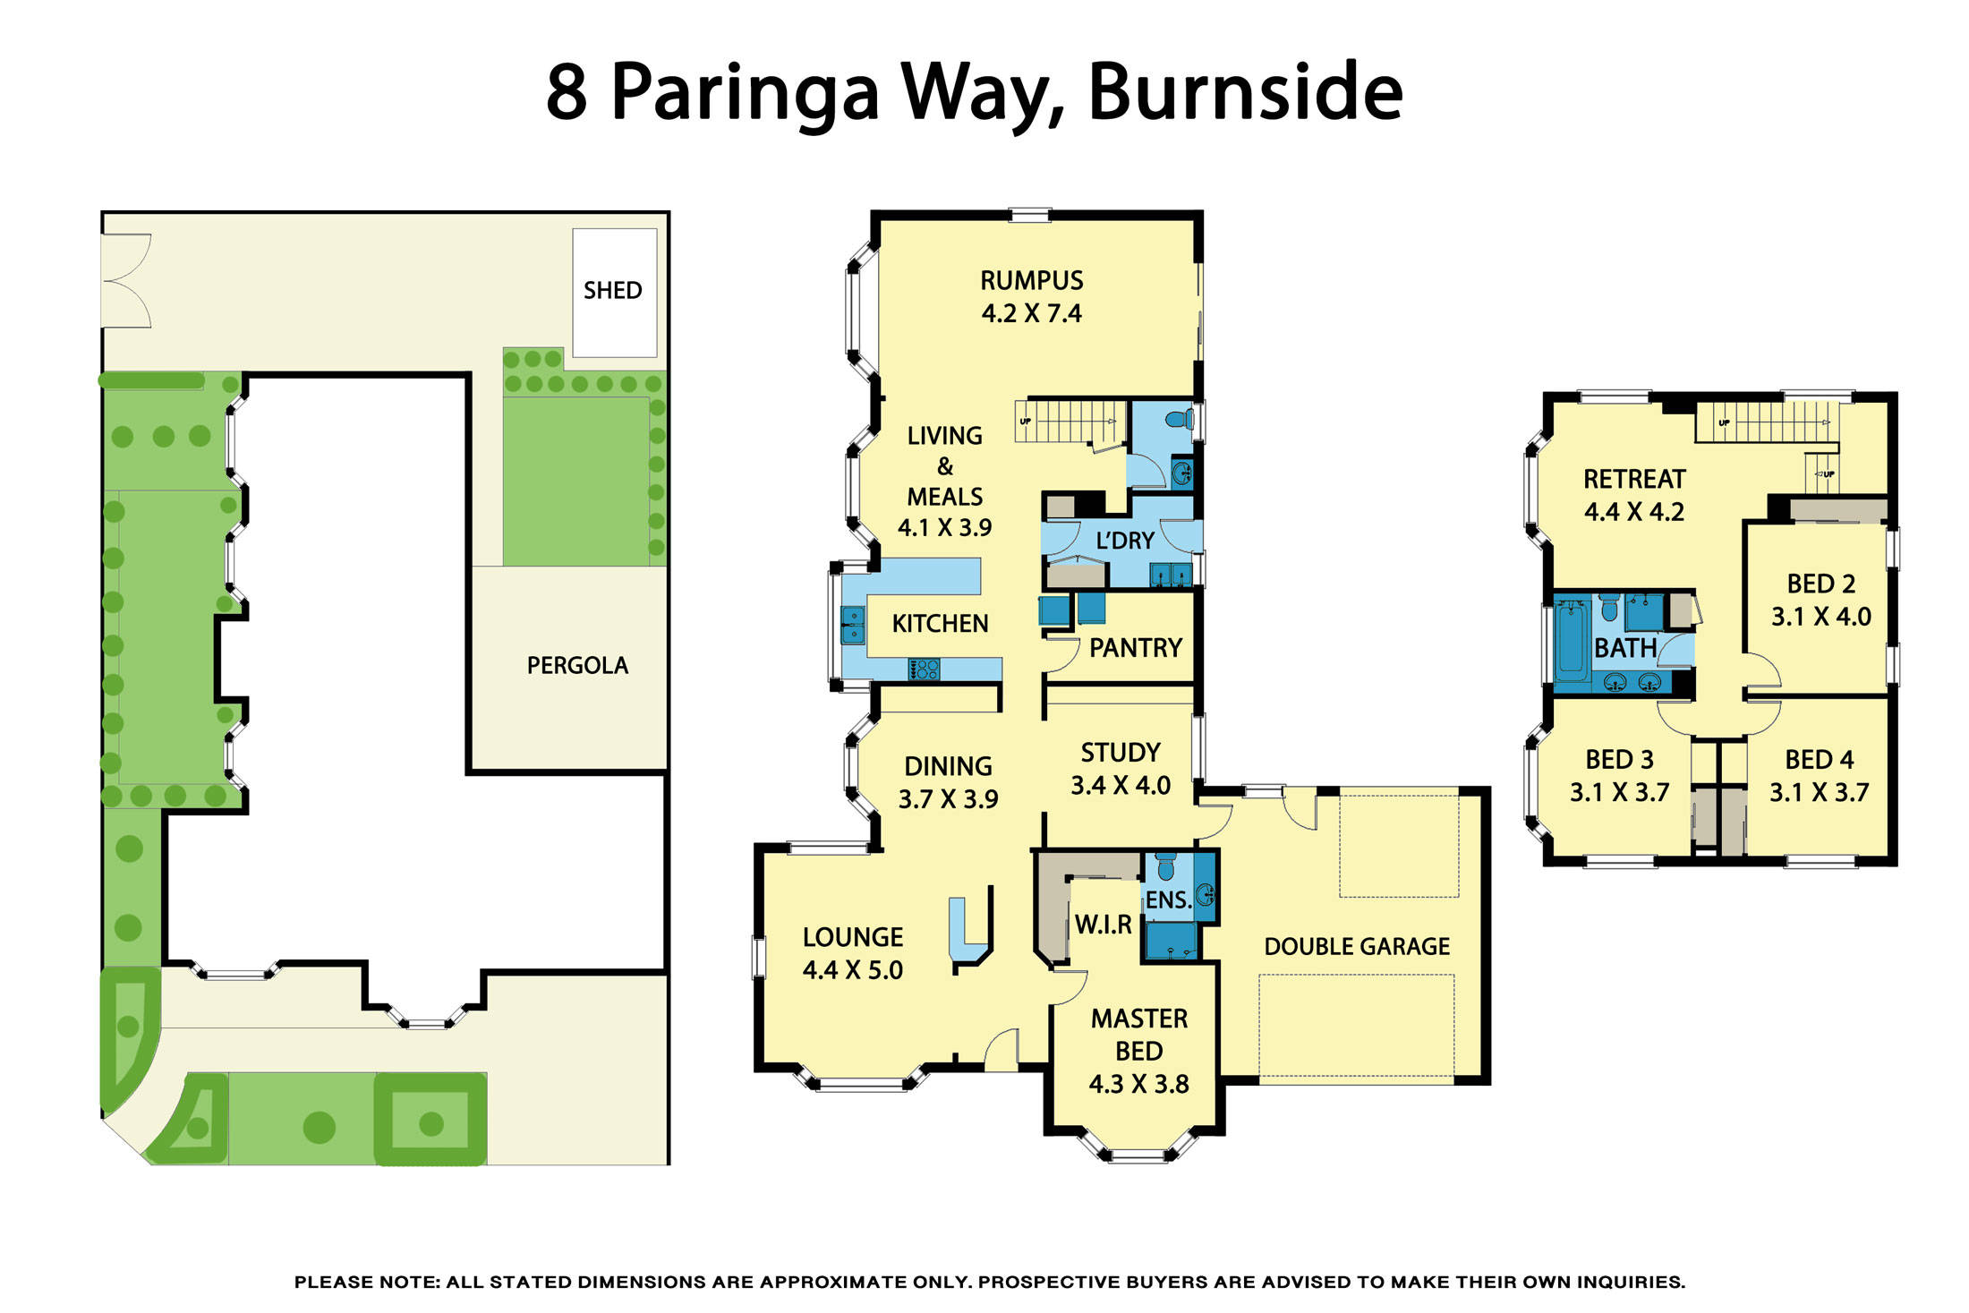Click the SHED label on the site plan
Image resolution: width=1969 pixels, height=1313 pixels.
pos(613,290)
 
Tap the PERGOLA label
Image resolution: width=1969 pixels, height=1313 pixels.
pos(577,665)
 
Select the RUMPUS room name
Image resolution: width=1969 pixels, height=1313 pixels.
pos(1032,280)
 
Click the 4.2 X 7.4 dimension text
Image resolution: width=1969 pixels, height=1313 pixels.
pos(1032,313)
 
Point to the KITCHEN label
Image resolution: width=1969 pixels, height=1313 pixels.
pos(941,623)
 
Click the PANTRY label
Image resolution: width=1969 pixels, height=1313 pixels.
pos(1136,647)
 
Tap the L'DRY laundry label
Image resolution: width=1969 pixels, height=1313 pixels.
pos(1125,541)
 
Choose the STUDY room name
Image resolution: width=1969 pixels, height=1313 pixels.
pos(1121,752)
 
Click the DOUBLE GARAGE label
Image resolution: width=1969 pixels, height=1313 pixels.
pos(1357,946)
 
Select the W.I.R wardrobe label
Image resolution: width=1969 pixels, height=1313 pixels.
pos(1104,925)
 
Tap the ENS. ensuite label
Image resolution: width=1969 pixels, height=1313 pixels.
pos(1169,900)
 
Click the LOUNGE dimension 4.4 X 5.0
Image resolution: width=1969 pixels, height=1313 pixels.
pos(853,969)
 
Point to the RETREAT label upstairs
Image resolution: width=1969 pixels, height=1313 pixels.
pos(1634,479)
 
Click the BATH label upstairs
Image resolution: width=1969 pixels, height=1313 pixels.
pos(1625,648)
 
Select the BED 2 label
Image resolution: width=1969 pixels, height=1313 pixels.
pos(1821,584)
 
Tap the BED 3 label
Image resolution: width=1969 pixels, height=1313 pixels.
pos(1620,759)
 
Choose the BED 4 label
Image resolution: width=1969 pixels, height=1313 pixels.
pos(1820,759)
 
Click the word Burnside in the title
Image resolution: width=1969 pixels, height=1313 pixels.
pos(1245,91)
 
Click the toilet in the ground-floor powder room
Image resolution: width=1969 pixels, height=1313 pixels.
pos(1180,418)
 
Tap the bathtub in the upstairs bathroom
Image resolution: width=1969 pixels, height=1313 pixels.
pos(1571,641)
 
